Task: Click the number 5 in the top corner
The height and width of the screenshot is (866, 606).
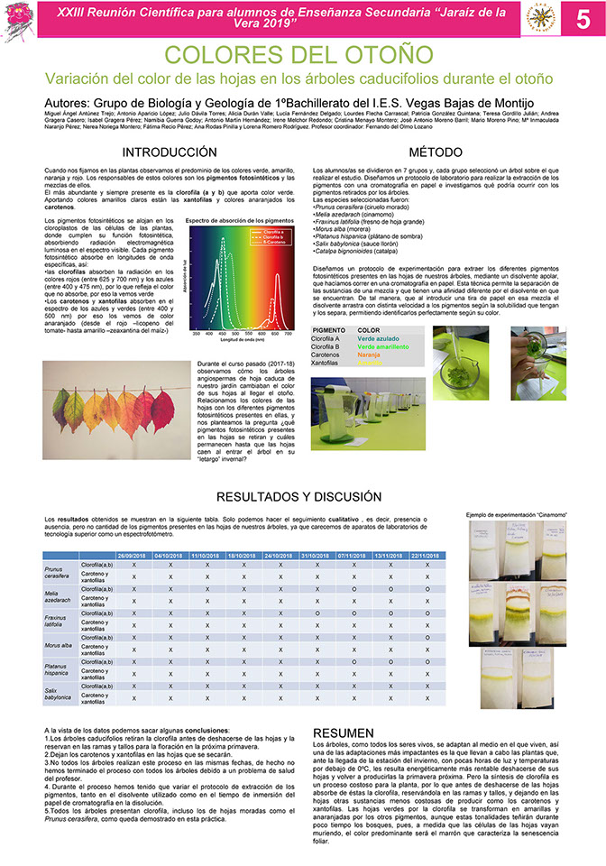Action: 583,19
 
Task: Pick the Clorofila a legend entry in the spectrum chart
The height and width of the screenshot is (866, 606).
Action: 275,231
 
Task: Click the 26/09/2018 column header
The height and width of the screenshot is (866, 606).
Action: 133,556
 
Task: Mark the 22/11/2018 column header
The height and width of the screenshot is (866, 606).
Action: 427,556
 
